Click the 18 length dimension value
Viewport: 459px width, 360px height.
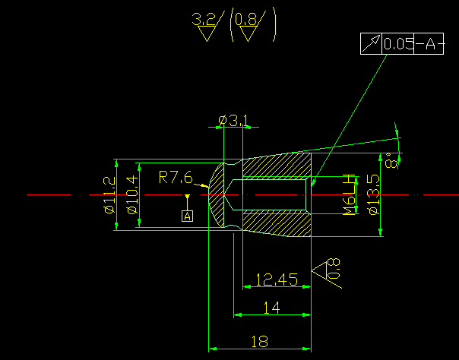pyautogui.click(x=259, y=342)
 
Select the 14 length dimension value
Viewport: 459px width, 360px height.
pyautogui.click(x=270, y=307)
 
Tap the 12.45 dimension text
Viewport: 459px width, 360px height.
pyautogui.click(x=276, y=280)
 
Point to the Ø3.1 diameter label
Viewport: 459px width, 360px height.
pyautogui.click(x=233, y=121)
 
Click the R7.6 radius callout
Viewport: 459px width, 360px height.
pyautogui.click(x=176, y=178)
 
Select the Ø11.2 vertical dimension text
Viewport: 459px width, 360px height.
pyautogui.click(x=110, y=194)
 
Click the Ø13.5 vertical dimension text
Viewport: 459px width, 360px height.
pyautogui.click(x=372, y=194)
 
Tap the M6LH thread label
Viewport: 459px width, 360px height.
pyautogui.click(x=350, y=194)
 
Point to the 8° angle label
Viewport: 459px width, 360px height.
pyautogui.click(x=391, y=161)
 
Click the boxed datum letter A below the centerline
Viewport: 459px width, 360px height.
pyautogui.click(x=187, y=216)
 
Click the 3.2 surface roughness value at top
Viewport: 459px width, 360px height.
pyautogui.click(x=204, y=21)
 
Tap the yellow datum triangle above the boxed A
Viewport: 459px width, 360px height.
pyautogui.click(x=187, y=199)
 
